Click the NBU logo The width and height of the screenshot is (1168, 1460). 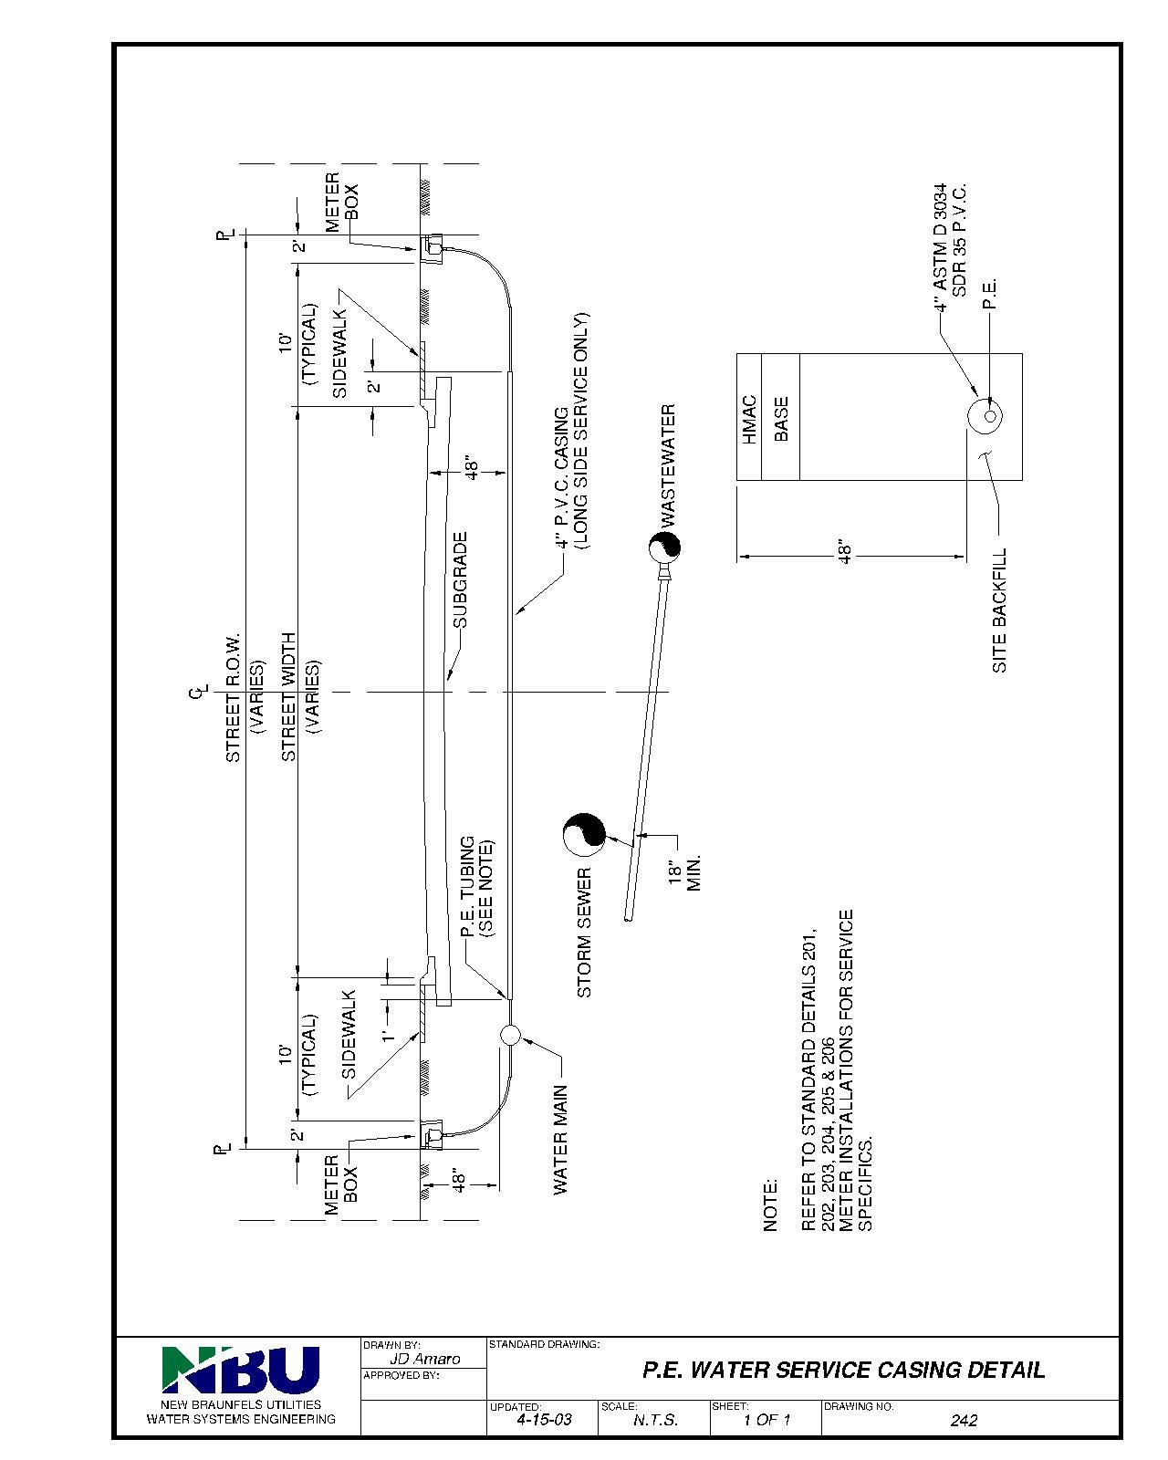pyautogui.click(x=241, y=1370)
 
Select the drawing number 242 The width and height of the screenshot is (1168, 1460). pyautogui.click(x=964, y=1420)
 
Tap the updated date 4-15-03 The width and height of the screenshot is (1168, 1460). pyautogui.click(x=544, y=1420)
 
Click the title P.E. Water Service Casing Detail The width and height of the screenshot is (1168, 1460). pyautogui.click(x=844, y=1370)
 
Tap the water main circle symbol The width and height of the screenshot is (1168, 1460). pyautogui.click(x=510, y=1034)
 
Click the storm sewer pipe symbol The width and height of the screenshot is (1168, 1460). pyautogui.click(x=582, y=835)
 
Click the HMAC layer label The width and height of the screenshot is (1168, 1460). pyautogui.click(x=749, y=419)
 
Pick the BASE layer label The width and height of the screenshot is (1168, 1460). pyautogui.click(x=781, y=419)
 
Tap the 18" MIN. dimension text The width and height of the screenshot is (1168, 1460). pyautogui.click(x=683, y=873)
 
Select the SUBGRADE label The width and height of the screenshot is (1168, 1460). pyautogui.click(x=461, y=580)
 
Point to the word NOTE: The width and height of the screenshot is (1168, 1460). pyautogui.click(x=771, y=1204)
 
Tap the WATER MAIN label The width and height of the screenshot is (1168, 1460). pyautogui.click(x=560, y=1139)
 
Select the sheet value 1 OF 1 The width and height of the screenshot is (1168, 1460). pyautogui.click(x=766, y=1420)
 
